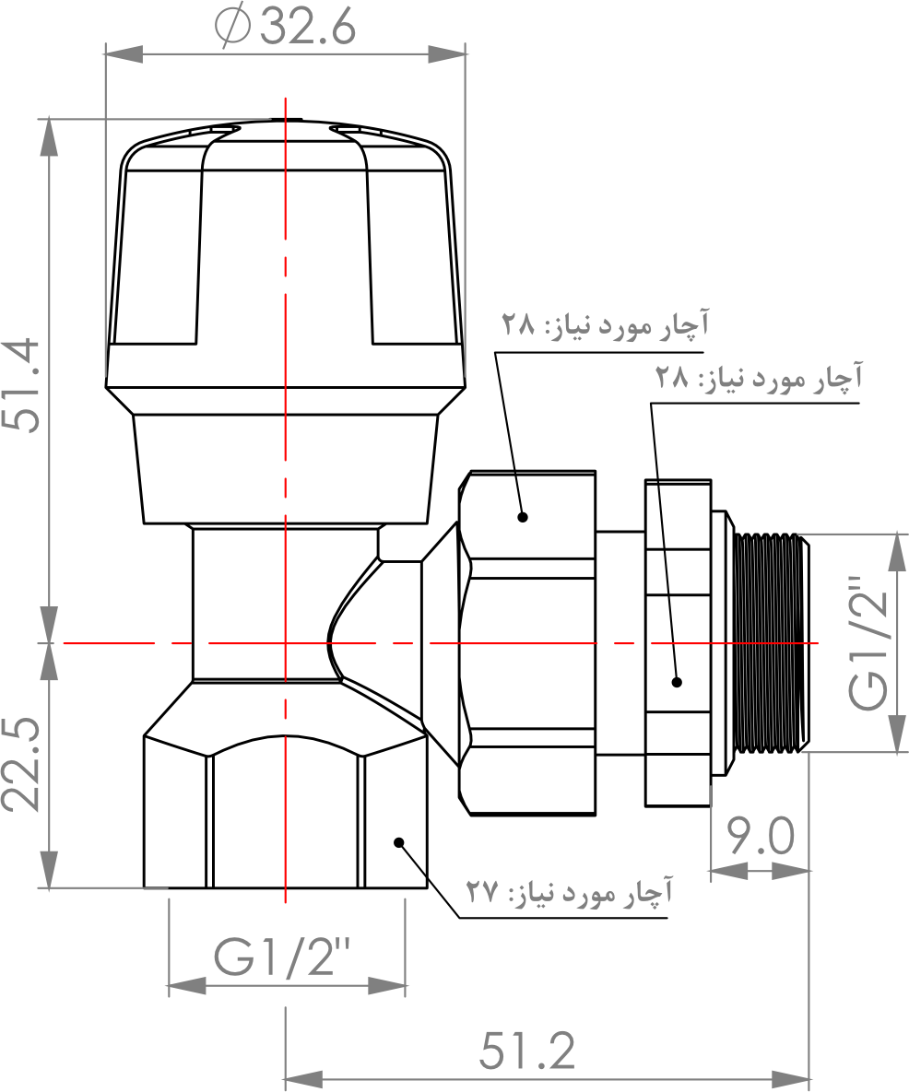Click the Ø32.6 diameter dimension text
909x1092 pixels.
pos(286,28)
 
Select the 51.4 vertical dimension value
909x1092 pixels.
pos(22,385)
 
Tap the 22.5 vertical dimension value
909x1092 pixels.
pos(21,764)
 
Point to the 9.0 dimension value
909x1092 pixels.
pos(761,836)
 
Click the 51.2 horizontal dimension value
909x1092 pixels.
pos(527,1051)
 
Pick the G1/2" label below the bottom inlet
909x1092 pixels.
pos(283,957)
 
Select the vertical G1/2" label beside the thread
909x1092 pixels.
pos(869,643)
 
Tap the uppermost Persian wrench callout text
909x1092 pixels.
pos(605,324)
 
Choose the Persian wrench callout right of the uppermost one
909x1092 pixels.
pos(758,378)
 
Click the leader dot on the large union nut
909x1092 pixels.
pos(523,517)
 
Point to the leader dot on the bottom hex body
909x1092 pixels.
pos(399,842)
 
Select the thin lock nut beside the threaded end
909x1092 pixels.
pos(678,643)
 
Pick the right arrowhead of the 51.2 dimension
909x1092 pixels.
pos(791,1080)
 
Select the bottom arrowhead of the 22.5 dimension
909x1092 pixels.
pos(48,869)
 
